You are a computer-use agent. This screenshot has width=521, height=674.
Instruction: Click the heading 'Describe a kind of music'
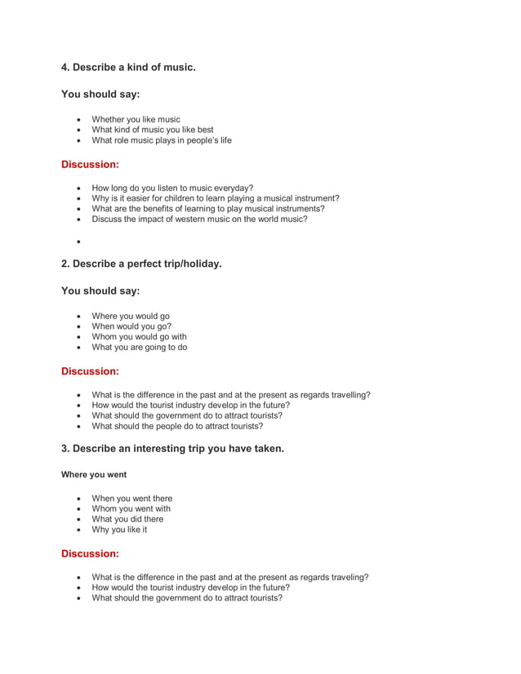point(128,67)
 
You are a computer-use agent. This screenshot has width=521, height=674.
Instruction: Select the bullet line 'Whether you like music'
point(136,119)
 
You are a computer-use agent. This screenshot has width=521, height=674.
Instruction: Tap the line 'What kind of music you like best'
point(152,130)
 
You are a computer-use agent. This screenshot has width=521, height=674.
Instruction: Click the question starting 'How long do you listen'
point(172,188)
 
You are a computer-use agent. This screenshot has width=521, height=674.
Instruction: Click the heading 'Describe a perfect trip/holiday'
point(141,264)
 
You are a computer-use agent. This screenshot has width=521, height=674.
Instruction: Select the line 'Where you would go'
point(131,316)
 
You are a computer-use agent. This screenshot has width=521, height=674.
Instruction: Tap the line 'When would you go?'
point(131,326)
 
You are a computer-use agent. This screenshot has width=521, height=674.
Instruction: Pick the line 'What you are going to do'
point(139,347)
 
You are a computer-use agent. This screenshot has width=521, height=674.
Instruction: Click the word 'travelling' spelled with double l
point(350,395)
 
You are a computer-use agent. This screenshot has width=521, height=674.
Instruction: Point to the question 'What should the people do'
point(177,426)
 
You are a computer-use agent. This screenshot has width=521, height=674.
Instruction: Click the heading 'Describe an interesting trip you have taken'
point(172,448)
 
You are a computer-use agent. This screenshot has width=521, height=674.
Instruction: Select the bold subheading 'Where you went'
point(94,474)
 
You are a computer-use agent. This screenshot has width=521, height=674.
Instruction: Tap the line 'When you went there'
point(131,499)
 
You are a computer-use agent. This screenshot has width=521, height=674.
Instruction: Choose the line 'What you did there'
point(127,519)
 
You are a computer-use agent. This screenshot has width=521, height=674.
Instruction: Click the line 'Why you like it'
point(119,530)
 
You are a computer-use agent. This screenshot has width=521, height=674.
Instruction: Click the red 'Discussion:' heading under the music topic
point(90,164)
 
